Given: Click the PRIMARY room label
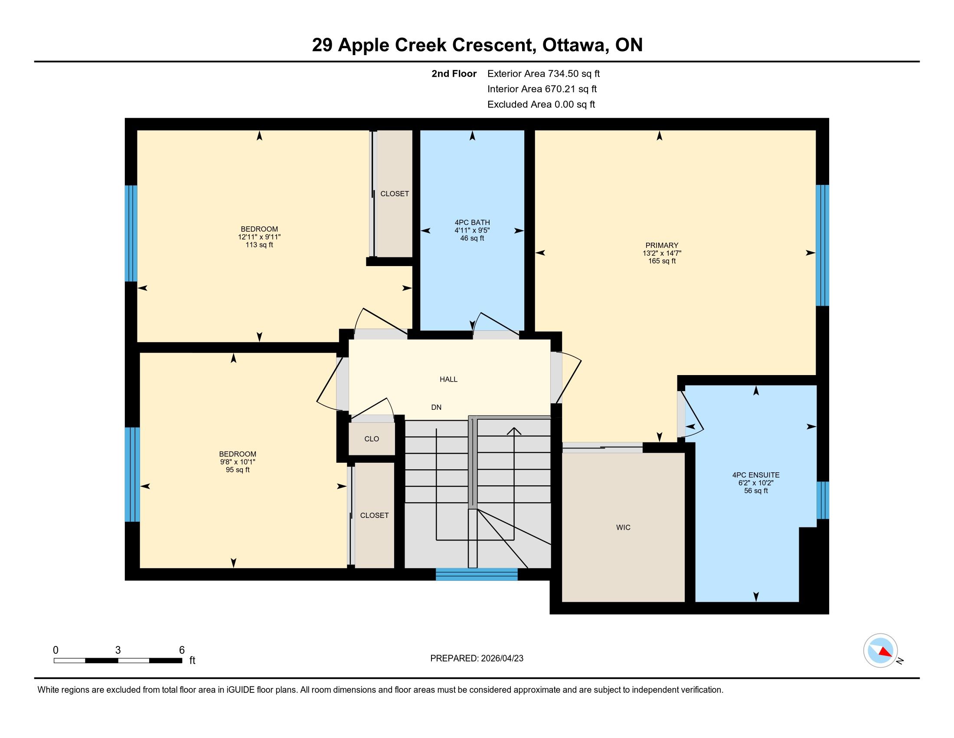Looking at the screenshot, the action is click(x=662, y=245).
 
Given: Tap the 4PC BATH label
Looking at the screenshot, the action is click(x=472, y=223).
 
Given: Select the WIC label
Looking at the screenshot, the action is click(x=623, y=527).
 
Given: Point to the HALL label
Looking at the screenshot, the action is click(x=449, y=379).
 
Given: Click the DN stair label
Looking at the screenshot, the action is click(x=436, y=408).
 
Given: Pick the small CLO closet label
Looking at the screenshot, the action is click(x=372, y=439).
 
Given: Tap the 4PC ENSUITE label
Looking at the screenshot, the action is click(x=756, y=475).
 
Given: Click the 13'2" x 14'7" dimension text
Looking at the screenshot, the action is click(x=662, y=253).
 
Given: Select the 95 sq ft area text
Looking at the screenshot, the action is click(x=238, y=470).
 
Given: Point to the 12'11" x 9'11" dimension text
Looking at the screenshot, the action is click(x=259, y=237).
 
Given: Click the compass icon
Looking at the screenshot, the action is click(x=881, y=651).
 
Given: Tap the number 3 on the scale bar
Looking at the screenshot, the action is click(x=118, y=650).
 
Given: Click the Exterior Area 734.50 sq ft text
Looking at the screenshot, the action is click(x=544, y=74).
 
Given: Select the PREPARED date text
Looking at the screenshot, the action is click(x=477, y=659).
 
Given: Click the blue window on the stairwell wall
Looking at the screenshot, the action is click(x=477, y=574).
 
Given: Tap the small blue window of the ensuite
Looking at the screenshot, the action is click(x=823, y=500).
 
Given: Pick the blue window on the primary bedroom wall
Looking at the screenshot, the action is click(x=823, y=245).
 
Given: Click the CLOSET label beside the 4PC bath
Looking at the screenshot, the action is click(x=395, y=194).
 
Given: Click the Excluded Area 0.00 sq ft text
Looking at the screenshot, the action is click(x=541, y=105).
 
